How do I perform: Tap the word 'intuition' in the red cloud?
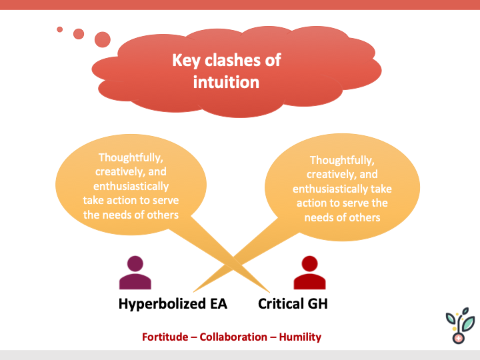[225, 82]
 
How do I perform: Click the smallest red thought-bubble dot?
[60, 29]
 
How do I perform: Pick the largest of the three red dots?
[102, 40]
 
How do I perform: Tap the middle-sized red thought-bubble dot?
[79, 33]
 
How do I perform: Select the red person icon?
[309, 273]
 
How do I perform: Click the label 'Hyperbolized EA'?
[173, 304]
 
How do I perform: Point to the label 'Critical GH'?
[293, 304]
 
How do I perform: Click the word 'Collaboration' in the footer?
[233, 337]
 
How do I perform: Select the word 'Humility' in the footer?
[300, 337]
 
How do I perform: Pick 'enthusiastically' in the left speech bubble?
[126, 186]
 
